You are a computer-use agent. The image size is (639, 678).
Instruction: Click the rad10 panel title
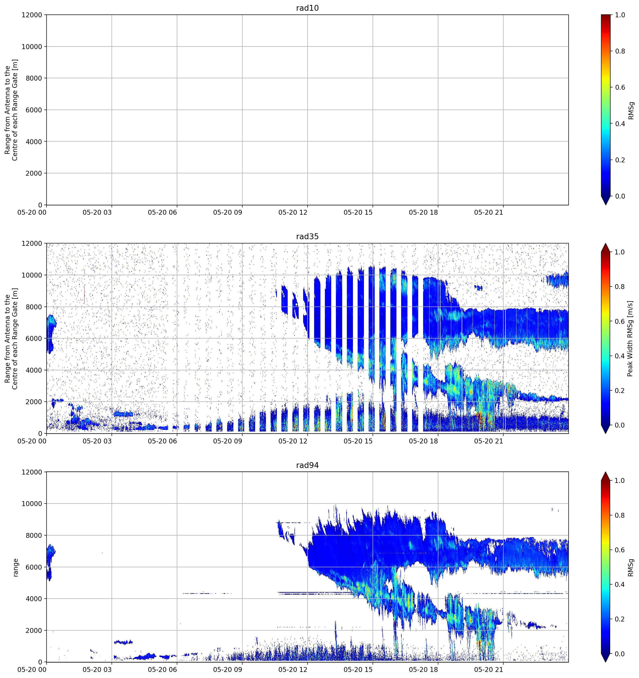click(x=307, y=8)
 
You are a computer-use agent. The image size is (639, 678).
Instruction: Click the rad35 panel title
click(x=307, y=236)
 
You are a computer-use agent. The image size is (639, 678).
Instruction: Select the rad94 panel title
click(x=307, y=465)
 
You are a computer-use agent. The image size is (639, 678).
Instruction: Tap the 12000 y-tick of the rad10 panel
click(x=32, y=15)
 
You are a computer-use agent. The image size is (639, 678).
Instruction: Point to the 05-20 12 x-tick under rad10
click(x=293, y=212)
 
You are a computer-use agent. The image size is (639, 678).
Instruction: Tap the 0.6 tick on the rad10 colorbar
click(x=620, y=87)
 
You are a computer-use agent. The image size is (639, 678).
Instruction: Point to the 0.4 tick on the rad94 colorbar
click(x=620, y=585)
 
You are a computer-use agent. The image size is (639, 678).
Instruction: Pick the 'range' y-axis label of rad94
click(x=15, y=567)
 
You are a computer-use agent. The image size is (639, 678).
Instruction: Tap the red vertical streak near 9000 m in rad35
click(x=84, y=295)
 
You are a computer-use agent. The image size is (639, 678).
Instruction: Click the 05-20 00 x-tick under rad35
click(x=32, y=441)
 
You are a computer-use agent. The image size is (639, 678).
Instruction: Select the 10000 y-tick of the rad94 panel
click(x=32, y=504)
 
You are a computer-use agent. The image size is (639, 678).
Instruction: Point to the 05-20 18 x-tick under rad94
click(x=423, y=670)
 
